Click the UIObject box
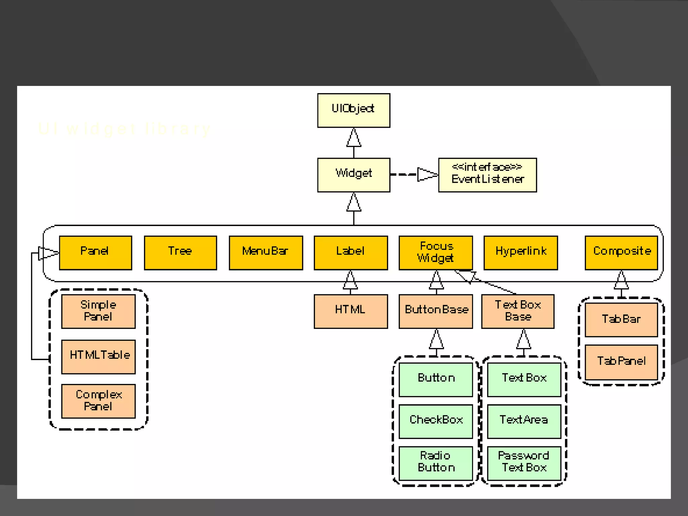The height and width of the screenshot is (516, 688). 353,110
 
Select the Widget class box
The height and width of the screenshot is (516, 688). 353,175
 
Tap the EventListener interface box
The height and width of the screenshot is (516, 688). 487,175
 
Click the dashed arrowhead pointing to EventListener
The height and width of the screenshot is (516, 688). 427,174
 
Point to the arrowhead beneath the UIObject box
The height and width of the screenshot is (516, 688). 354,138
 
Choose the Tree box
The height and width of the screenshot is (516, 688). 180,253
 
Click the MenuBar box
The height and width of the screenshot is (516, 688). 266,253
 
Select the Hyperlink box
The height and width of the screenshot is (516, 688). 520,253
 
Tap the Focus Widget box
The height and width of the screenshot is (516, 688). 436,253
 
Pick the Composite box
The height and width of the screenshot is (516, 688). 621,253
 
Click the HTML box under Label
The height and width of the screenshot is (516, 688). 350,311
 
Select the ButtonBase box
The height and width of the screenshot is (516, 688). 436,311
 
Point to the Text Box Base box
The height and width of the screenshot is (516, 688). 518,311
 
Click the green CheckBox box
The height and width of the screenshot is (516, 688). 436,421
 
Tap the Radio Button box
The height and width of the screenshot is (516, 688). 436,463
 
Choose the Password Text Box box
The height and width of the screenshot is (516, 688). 524,463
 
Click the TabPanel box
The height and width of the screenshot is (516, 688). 621,362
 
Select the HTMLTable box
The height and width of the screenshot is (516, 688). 98,356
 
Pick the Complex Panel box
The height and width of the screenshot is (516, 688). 98,401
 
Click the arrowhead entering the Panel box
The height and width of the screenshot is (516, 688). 48,253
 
